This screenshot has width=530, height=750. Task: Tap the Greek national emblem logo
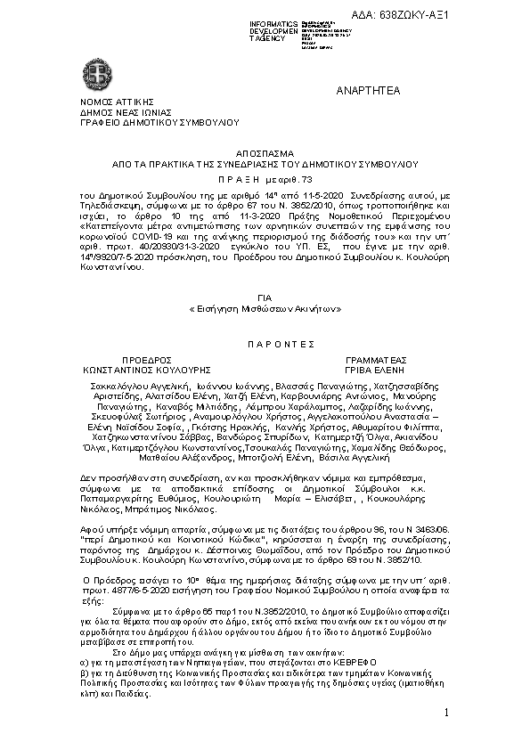coord(94,70)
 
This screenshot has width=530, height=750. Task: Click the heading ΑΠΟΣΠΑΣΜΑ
coord(264,153)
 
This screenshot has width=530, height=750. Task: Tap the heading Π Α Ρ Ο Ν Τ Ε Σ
coord(264,341)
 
